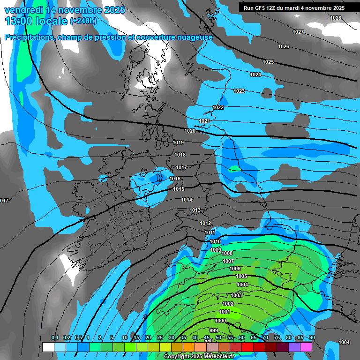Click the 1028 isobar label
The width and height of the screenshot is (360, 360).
click(336, 18)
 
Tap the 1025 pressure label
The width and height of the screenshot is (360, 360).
click(268, 62)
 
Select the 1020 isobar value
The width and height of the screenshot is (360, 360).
click(190, 131)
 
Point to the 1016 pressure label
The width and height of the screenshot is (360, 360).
click(175, 179)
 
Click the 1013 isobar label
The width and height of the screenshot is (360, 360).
click(195, 210)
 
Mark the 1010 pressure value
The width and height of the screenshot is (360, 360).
click(215, 241)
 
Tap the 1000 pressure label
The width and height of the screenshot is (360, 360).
click(220, 321)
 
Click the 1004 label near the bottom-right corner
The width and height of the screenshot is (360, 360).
click(344, 342)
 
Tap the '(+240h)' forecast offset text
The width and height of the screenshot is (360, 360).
click(83, 21)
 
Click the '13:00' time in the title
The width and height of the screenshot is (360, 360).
click(17, 21)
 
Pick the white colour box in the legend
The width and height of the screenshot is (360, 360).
click(48, 347)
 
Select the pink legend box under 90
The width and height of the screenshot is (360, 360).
click(306, 347)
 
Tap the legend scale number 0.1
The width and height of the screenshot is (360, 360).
click(54, 338)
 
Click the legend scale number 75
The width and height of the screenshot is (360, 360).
click(277, 338)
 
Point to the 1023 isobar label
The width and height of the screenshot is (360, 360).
click(239, 91)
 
